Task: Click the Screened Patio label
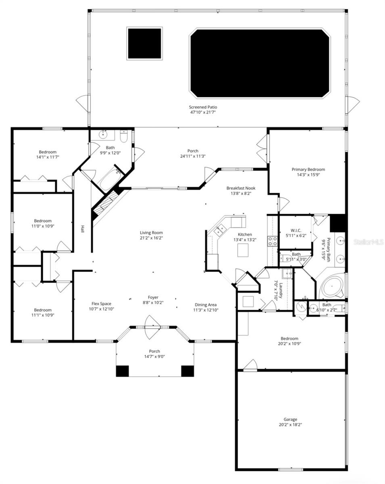[x=203, y=107]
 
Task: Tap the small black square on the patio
[x=144, y=44]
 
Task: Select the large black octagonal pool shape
[x=260, y=63]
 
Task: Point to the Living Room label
[x=151, y=233]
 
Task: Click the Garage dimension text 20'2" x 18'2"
[x=290, y=425]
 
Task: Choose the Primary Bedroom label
[x=308, y=169]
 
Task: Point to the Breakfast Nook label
[x=241, y=188]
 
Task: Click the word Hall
[x=83, y=229]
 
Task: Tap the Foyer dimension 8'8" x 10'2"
[x=153, y=302]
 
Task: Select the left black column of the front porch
[x=122, y=371]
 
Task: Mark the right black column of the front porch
[x=187, y=371]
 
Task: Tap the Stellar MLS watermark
[x=368, y=242]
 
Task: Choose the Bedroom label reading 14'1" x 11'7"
[x=48, y=152]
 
